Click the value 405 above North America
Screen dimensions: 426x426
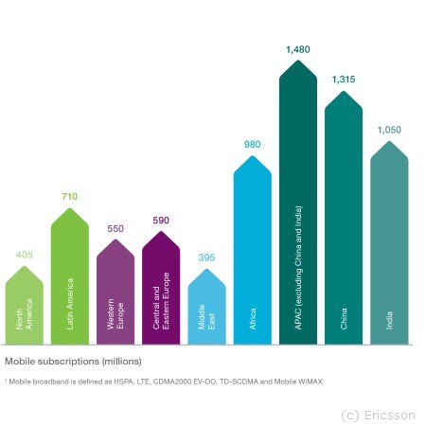[25, 255]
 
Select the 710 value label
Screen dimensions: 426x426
[70, 197]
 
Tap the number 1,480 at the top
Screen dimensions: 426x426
[298, 49]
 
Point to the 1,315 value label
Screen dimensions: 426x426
[344, 80]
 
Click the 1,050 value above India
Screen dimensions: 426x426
[389, 130]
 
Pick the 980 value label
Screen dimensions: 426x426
[253, 145]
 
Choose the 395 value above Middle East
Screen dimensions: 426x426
[206, 257]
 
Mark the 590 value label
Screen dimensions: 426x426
[161, 221]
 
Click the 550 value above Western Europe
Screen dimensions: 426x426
[115, 228]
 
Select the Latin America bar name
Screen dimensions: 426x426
[70, 304]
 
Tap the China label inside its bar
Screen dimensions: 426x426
[344, 319]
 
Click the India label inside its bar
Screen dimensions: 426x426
[389, 321]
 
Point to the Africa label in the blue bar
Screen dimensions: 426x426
[253, 319]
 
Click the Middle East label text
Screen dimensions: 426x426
[206, 317]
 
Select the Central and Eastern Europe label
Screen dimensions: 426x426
[161, 301]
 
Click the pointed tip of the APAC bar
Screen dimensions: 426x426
[298, 61]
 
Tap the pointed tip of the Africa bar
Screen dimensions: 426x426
[253, 156]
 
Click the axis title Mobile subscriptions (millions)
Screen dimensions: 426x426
[73, 362]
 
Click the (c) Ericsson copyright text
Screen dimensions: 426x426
[378, 416]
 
